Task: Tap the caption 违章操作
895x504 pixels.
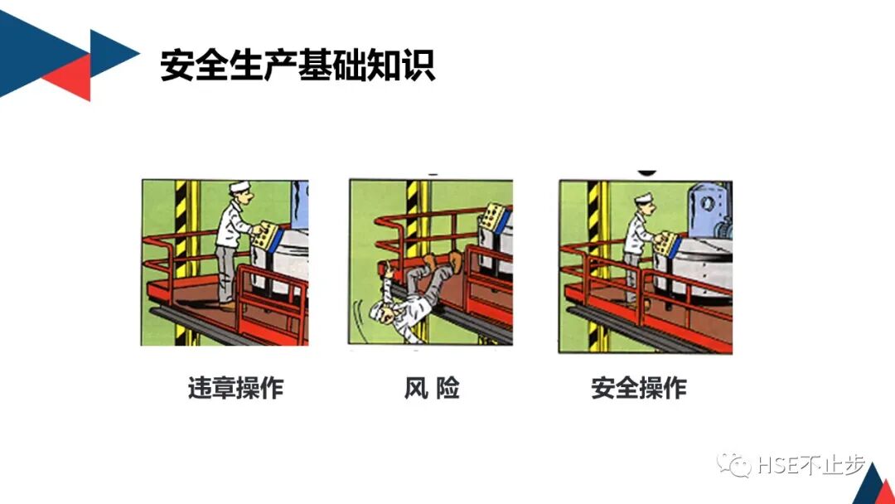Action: (236, 388)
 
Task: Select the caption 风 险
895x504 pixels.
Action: (431, 388)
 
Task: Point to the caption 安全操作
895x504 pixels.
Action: (639, 388)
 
